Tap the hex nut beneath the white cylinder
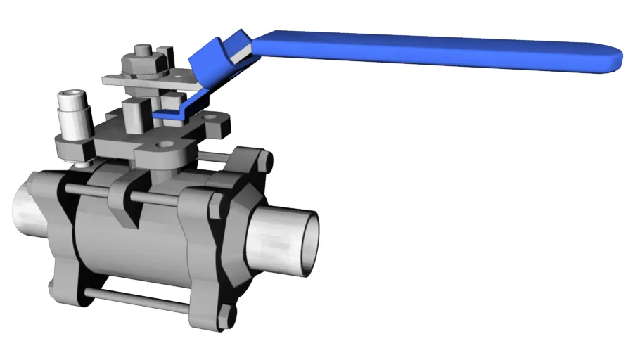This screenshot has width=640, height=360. click(71, 150)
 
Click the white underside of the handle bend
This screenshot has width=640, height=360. click(239, 50)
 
